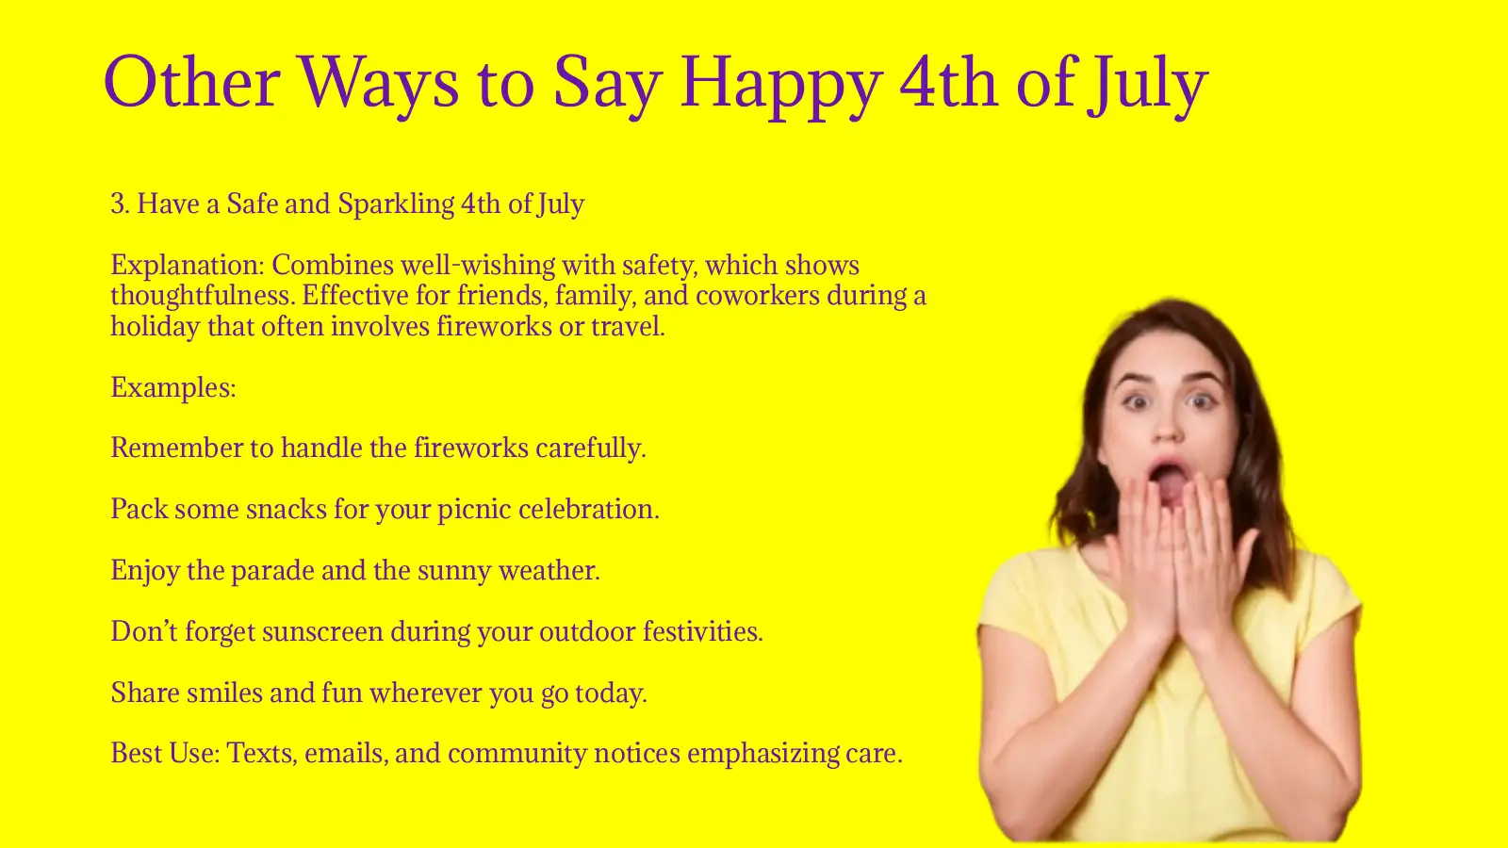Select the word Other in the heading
coord(191,83)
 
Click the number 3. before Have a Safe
coord(120,204)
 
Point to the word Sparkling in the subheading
coord(396,204)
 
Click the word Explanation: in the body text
coord(187,266)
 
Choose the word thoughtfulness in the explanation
coord(202,296)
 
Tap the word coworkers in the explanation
coord(757,296)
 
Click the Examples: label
coord(173,387)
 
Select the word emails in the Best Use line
coord(346,754)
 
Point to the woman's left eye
coord(1200,400)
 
